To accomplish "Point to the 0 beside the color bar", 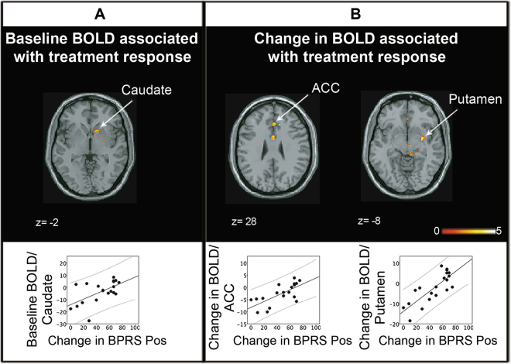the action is click(438, 231).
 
